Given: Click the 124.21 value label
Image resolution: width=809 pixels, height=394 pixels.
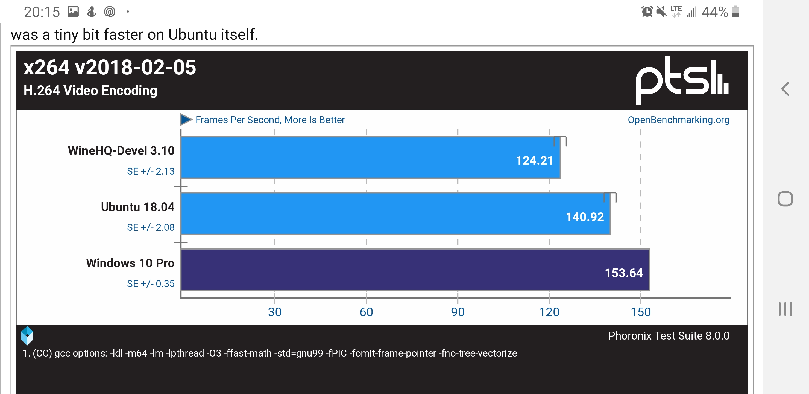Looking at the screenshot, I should [x=534, y=161].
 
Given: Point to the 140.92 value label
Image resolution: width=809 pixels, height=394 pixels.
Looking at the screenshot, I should [x=585, y=217].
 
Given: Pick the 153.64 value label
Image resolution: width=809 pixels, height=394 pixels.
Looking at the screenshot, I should [x=624, y=273].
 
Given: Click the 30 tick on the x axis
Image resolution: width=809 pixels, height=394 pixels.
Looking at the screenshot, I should [x=274, y=312].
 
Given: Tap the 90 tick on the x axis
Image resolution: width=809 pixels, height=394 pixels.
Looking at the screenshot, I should [x=458, y=312].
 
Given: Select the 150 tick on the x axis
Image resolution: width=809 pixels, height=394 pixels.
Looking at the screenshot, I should [x=641, y=312].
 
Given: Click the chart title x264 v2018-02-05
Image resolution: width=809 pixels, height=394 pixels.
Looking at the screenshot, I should [x=110, y=67].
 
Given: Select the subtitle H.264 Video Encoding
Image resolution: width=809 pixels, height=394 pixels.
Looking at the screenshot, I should [x=90, y=91].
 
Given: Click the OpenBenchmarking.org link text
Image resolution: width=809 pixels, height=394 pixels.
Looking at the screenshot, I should [x=678, y=120].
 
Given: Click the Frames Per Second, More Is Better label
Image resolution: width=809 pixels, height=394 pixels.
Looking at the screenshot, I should [x=270, y=120].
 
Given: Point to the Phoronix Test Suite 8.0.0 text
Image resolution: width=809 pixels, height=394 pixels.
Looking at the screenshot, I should [x=669, y=336].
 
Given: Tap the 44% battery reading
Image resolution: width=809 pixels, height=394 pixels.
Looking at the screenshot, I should [x=714, y=12].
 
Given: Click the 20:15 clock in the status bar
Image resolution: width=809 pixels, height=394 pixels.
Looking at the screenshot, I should [x=42, y=12].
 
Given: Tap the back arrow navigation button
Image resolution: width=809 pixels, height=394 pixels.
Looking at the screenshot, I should [x=785, y=89].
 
